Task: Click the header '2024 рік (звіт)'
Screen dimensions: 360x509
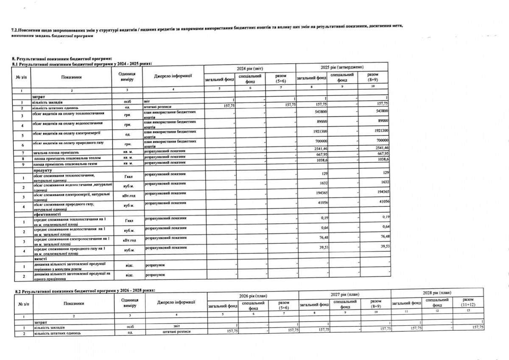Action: (249, 68)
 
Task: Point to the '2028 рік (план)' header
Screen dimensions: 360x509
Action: (437, 293)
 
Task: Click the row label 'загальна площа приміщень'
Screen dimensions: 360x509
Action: (55, 152)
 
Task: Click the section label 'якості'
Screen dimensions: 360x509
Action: (40, 259)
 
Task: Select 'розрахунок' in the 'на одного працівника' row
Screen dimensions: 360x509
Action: (155, 276)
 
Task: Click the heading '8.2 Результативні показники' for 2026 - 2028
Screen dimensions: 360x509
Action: (85, 290)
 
